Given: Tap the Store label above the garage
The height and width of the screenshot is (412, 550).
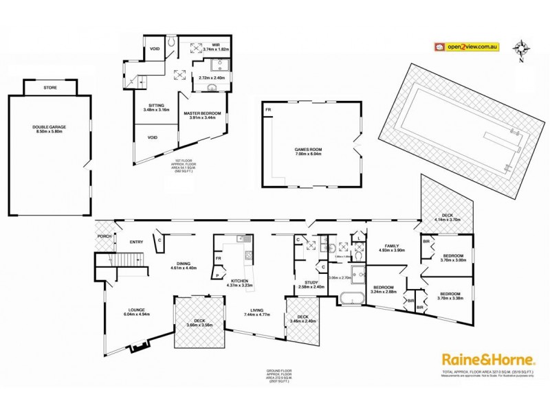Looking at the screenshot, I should point(49,88).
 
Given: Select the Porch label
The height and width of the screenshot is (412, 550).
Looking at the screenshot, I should point(104,237).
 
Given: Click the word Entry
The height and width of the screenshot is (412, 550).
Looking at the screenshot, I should point(136,242).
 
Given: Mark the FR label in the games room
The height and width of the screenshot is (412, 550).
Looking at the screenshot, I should point(268,108).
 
